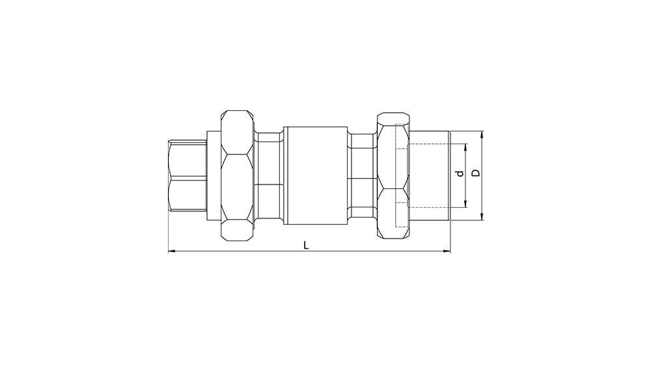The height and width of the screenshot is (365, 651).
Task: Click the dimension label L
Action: (306, 245)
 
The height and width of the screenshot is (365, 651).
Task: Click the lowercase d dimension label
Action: (459, 173)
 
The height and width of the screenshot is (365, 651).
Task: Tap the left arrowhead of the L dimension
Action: (172, 251)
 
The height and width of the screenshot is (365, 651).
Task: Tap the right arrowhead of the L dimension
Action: (447, 251)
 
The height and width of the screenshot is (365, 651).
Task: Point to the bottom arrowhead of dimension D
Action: (482, 216)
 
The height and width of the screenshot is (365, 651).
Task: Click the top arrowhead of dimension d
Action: (465, 147)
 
